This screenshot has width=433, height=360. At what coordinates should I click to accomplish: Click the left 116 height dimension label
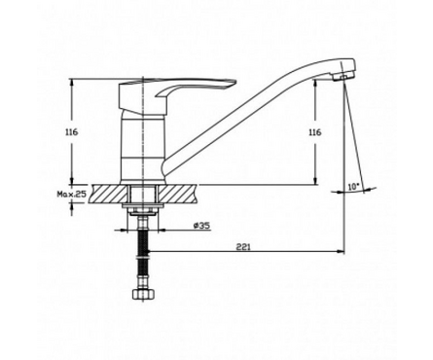(71, 132)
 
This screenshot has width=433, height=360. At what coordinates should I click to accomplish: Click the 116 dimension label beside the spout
(314, 132)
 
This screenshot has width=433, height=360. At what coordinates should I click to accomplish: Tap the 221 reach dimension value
(243, 247)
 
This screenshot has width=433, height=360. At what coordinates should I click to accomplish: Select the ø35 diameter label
(201, 225)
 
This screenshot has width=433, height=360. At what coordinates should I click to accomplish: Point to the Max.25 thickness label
(72, 194)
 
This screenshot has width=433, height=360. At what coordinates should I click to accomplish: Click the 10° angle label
(354, 187)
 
